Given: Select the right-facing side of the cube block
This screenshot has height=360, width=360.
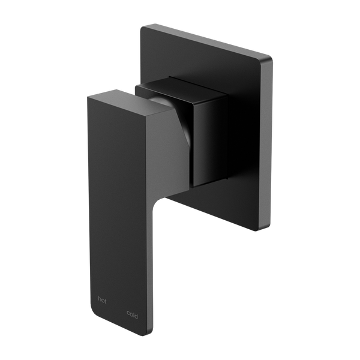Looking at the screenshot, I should pos(210,138).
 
